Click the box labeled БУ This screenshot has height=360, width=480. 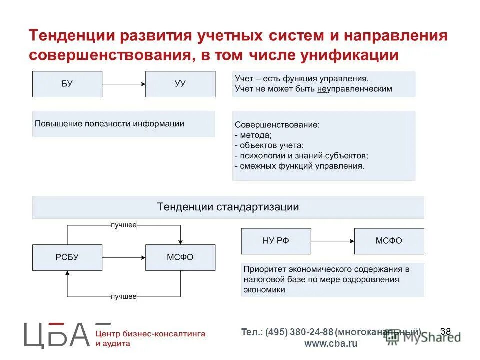tap(67, 84)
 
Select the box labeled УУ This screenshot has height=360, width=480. tap(180, 84)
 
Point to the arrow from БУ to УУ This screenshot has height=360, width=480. tap(124, 84)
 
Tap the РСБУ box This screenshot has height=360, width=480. tap(67, 257)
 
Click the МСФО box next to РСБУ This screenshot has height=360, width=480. tap(180, 257)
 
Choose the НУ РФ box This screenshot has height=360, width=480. tap(275, 241)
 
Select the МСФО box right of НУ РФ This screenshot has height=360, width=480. tap(389, 241)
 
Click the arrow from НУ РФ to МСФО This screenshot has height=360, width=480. tap(332, 241)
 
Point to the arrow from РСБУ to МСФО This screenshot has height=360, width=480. tap(124, 258)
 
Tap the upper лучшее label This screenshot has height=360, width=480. tap(123, 225)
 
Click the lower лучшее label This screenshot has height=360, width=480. tap(123, 296)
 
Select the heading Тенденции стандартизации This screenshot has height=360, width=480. tap(228, 207)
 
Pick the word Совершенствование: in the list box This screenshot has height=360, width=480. tap(277, 124)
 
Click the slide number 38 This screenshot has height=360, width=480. tap(446, 331)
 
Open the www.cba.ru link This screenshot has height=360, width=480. tap(331, 344)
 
